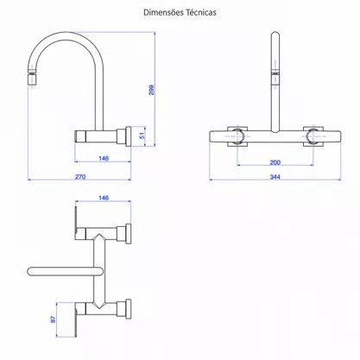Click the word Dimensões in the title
click(163, 12)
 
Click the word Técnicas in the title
click(201, 12)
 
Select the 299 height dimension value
click(151, 90)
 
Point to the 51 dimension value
click(142, 136)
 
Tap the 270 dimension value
click(80, 177)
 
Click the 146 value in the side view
click(104, 158)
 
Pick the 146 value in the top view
click(104, 198)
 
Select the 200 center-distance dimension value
click(275, 162)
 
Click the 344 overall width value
click(275, 177)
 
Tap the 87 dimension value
click(54, 319)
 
